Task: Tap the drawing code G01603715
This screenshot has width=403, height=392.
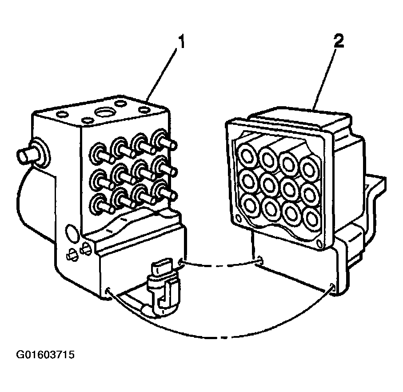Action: coord(45,355)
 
